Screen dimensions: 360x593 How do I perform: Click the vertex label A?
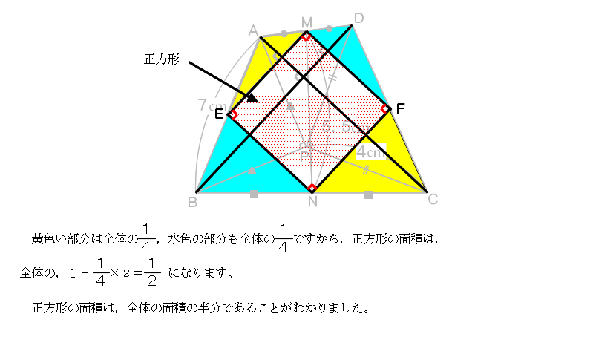pyautogui.click(x=253, y=30)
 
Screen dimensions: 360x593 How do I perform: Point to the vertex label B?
pyautogui.click(x=192, y=201)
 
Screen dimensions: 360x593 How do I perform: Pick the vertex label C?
pyautogui.click(x=433, y=199)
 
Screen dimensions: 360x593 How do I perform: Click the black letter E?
pyautogui.click(x=219, y=114)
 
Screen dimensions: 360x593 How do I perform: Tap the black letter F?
pyautogui.click(x=400, y=109)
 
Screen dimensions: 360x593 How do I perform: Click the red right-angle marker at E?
pyautogui.click(x=233, y=114)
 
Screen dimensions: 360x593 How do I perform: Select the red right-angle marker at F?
pyautogui.click(x=384, y=109)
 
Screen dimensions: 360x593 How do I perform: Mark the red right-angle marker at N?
pyautogui.click(x=312, y=188)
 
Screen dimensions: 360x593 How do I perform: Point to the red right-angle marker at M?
pyautogui.click(x=307, y=34)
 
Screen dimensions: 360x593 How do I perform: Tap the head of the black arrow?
pyautogui.click(x=253, y=99)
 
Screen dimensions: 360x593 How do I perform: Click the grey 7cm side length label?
pyautogui.click(x=207, y=106)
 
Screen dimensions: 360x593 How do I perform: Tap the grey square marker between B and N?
pyautogui.click(x=254, y=194)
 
